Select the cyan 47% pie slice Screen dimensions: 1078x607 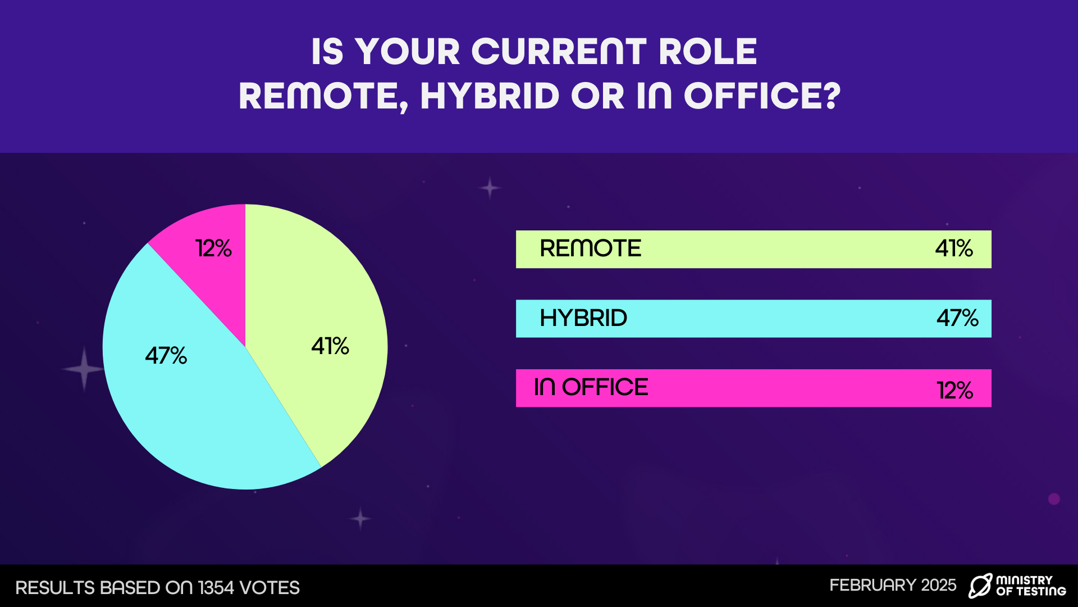191,393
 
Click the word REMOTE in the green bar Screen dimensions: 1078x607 590,248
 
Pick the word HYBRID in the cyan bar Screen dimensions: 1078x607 583,318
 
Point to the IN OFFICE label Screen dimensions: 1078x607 591,387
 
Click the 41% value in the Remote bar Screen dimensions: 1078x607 954,248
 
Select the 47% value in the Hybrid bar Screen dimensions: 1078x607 957,318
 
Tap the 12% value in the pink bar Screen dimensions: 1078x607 954,390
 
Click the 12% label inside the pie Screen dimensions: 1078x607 213,248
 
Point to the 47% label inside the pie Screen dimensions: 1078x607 166,355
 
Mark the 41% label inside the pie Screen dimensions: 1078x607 330,346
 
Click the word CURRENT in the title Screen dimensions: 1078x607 559,52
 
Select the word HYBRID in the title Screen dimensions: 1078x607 490,96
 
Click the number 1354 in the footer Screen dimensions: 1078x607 216,588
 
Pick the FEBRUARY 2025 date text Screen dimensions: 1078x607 893,585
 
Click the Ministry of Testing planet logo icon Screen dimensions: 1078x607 980,586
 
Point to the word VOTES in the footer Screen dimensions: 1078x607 269,588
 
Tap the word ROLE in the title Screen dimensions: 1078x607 708,52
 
